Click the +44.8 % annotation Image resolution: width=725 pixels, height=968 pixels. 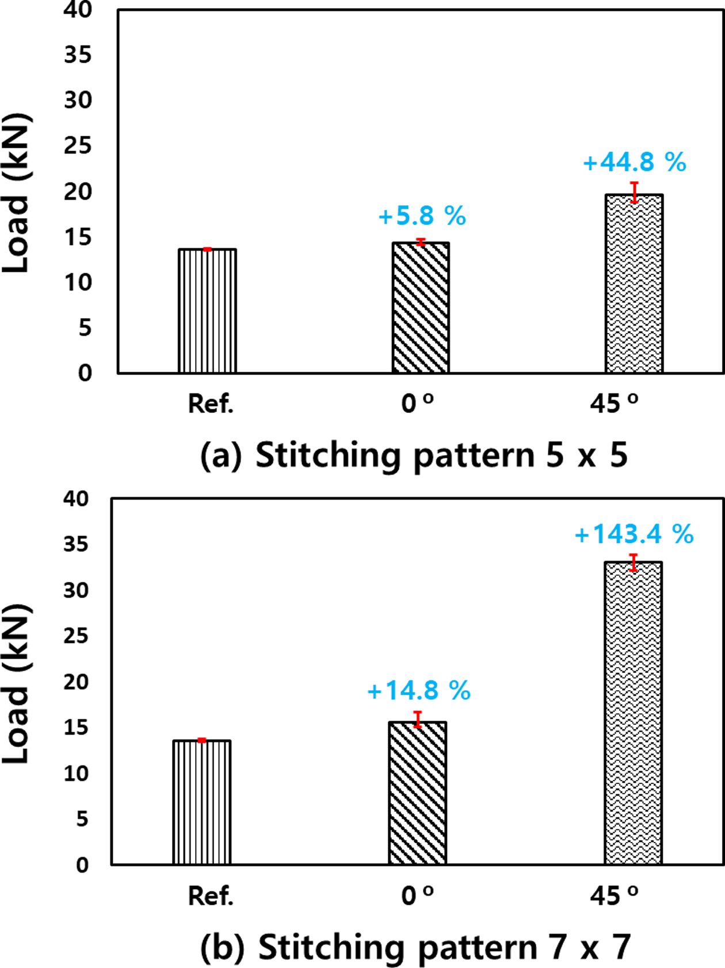pos(635,163)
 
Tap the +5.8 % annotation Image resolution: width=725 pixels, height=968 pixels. pos(422,216)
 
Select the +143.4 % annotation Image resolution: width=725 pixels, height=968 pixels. pos(634,535)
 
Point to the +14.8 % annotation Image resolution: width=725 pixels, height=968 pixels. pos(419,690)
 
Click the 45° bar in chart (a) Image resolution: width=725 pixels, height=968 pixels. pos(634,285)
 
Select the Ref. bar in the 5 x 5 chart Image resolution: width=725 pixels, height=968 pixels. pos(207,311)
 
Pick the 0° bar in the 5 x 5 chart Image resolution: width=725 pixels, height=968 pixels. pos(421,308)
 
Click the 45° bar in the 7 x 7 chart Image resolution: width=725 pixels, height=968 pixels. pos(634,713)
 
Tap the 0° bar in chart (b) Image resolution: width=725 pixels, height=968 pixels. pos(418,793)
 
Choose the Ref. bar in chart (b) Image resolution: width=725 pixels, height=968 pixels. pos(202,802)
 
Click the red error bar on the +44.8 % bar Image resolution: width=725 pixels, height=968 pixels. pos(634,192)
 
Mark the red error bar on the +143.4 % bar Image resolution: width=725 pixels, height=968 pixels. pos(634,563)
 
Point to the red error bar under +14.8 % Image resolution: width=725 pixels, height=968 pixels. pos(418,720)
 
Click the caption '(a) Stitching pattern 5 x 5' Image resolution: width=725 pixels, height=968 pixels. pos(413,456)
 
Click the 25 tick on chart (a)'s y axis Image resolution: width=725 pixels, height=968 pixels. pos(78,146)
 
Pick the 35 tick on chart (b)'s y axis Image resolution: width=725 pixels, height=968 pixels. pos(77,544)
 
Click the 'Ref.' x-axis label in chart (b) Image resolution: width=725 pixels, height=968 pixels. pos(211,896)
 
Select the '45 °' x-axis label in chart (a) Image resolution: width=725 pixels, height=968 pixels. pos(614,404)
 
